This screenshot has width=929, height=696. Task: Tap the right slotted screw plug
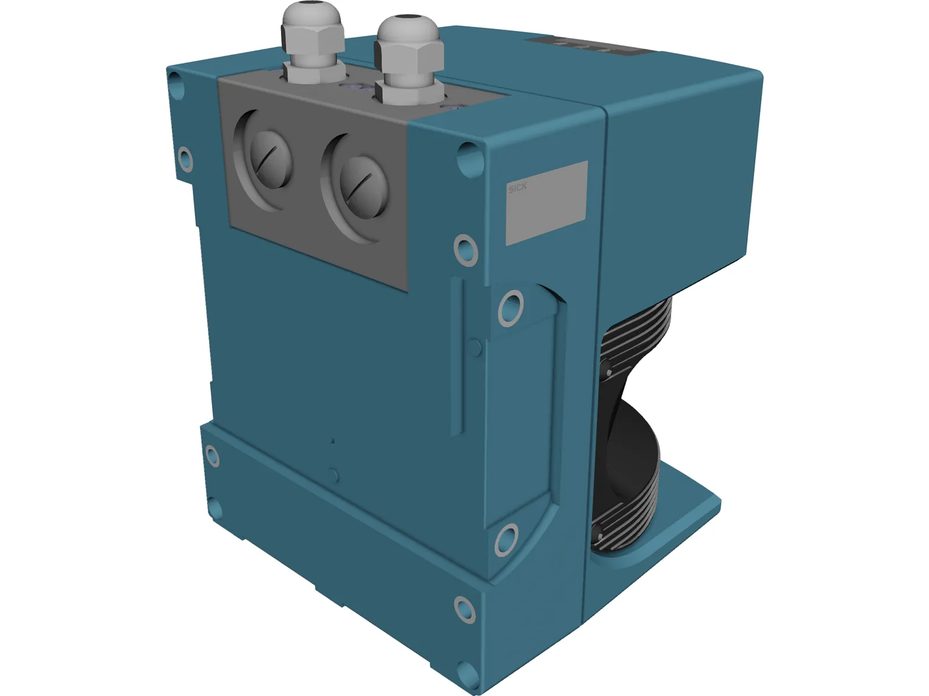pyautogui.click(x=361, y=186)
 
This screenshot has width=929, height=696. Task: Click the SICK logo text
pyautogui.click(x=517, y=188)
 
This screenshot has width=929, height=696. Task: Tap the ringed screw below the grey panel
pyautogui.click(x=466, y=249)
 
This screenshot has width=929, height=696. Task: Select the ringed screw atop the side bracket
pyautogui.click(x=510, y=307)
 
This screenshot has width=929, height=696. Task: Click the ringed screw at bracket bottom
pyautogui.click(x=506, y=539)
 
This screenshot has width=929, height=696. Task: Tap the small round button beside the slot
pyautogui.click(x=475, y=348)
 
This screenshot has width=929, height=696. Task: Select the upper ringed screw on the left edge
pyautogui.click(x=185, y=158)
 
